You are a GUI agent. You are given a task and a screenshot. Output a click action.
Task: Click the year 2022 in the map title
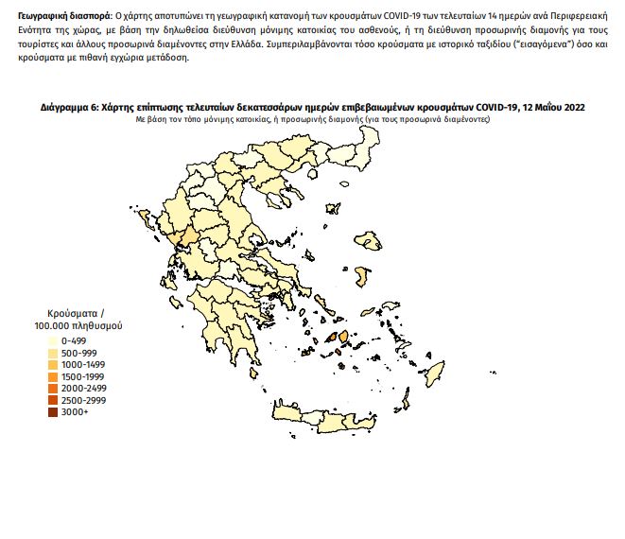coord(572,109)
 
